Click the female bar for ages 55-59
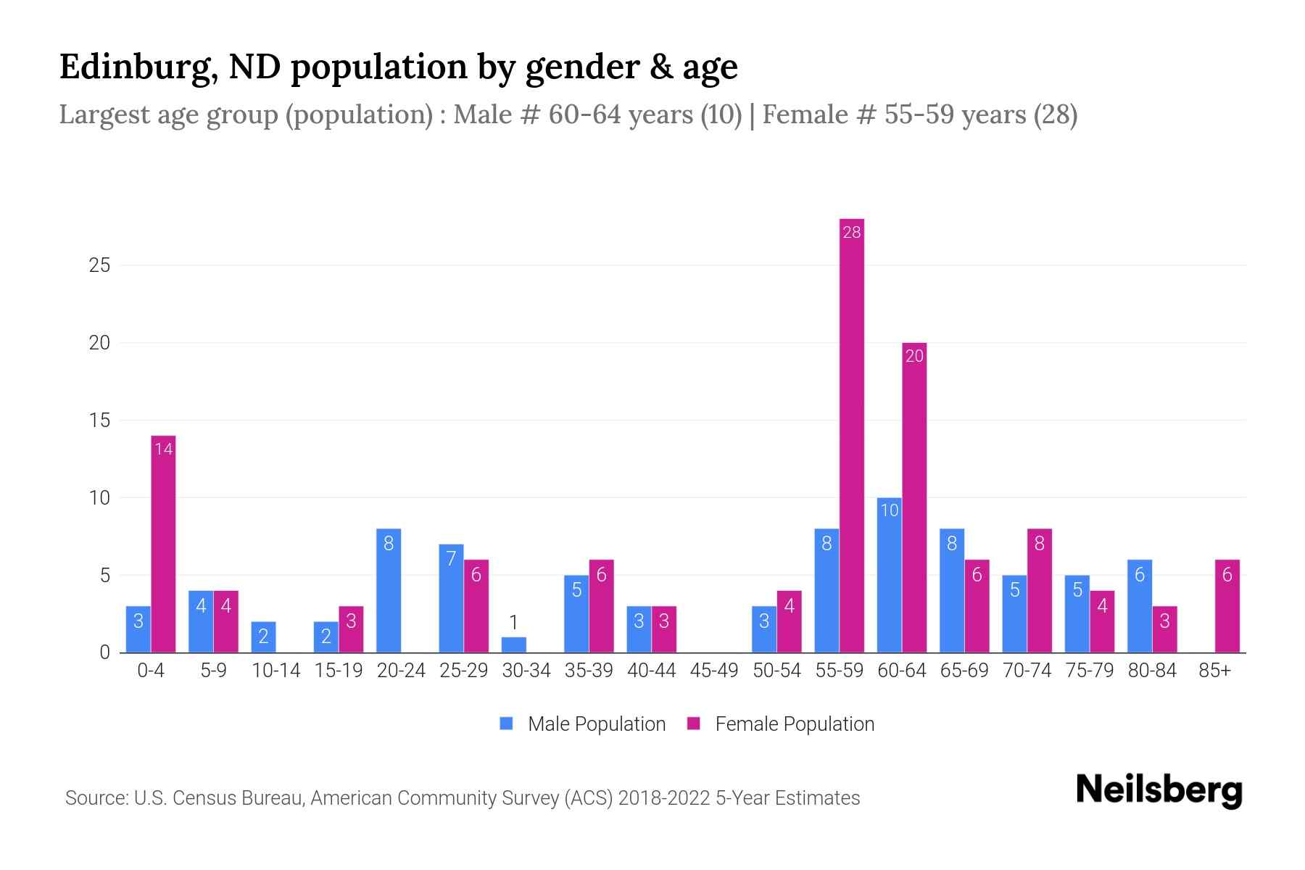852,435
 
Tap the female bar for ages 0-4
163,544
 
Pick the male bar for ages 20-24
389,591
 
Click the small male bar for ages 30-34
513,645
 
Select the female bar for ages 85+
1227,606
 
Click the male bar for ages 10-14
263,637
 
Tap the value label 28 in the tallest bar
852,232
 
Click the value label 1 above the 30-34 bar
513,622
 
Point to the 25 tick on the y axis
99,265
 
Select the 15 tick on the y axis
99,420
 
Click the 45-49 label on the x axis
714,671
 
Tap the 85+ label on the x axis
1214,671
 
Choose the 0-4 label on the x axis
151,671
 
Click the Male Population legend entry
584,724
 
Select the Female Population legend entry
782,724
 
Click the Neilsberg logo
1159,790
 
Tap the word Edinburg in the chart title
135,67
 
